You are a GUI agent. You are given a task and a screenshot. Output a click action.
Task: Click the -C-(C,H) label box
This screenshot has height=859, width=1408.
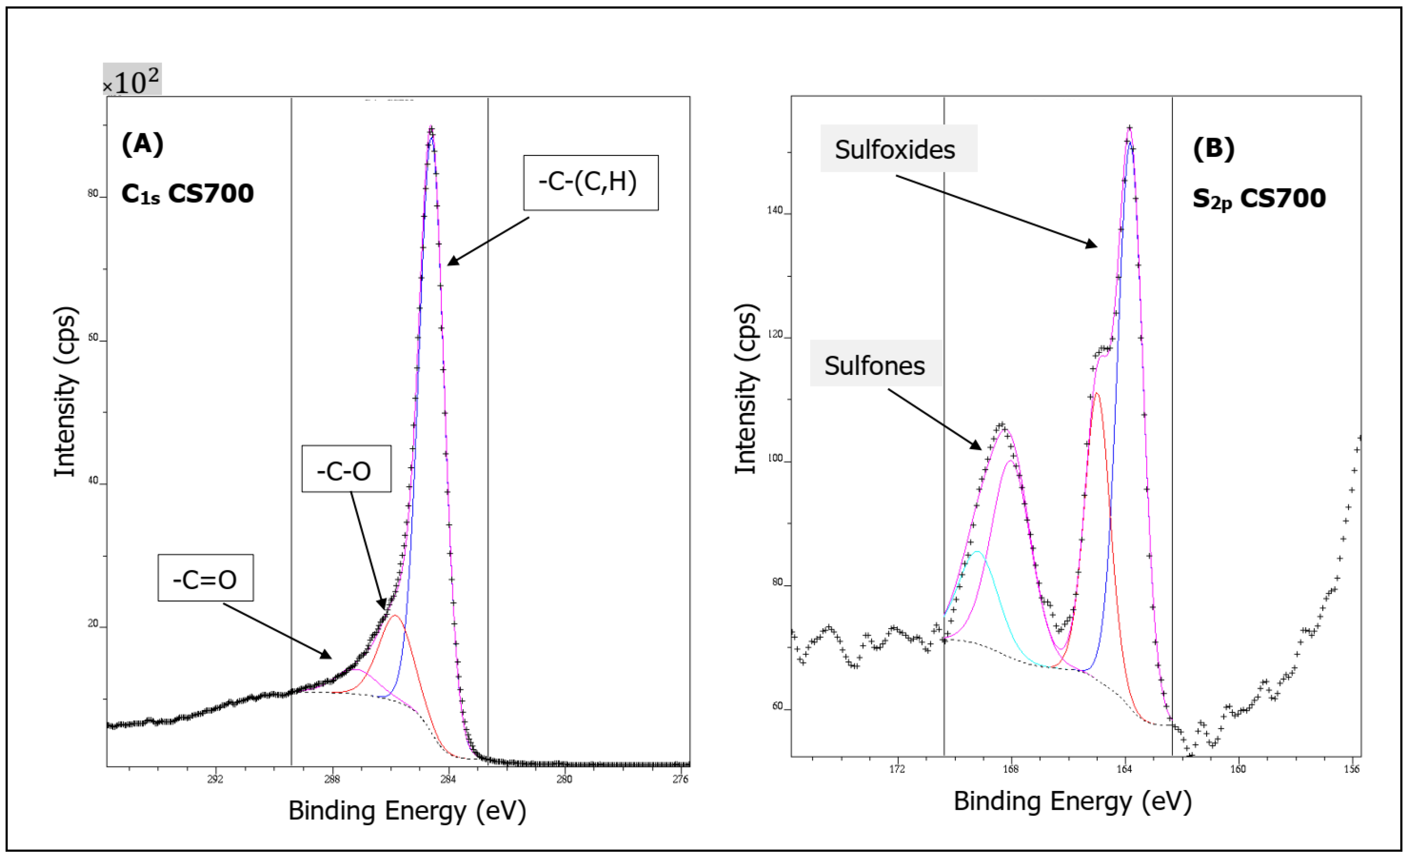click(x=590, y=183)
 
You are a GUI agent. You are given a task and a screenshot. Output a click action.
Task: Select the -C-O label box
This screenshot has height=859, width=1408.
click(x=346, y=469)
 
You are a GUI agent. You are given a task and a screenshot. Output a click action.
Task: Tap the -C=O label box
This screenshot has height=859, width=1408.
click(x=205, y=578)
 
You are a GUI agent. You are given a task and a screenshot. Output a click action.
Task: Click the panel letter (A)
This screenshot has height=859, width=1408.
click(x=142, y=144)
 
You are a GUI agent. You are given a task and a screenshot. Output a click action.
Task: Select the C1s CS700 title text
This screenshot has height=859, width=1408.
click(x=188, y=194)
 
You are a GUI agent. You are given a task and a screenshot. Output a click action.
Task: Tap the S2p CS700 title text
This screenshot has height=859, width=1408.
click(x=1258, y=199)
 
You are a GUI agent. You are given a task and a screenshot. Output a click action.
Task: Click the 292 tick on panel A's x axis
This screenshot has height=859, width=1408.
click(x=215, y=779)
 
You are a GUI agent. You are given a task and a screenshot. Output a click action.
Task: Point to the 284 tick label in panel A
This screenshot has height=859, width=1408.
click(x=448, y=779)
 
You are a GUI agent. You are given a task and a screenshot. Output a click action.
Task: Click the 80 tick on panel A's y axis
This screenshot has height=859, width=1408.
click(x=93, y=193)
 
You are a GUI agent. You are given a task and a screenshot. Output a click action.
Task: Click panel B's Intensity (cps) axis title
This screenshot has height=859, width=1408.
click(x=746, y=389)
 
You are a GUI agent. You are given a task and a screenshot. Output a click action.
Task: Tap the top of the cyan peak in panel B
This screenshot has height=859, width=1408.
click(x=977, y=551)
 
